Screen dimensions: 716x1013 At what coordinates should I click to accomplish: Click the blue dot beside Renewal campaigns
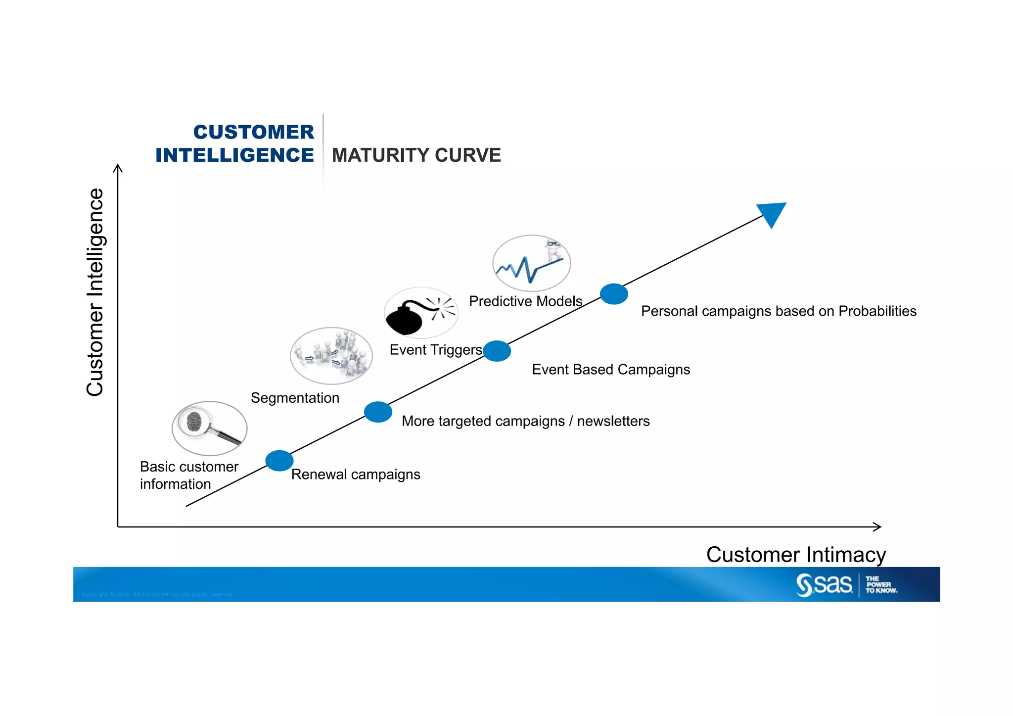tap(279, 461)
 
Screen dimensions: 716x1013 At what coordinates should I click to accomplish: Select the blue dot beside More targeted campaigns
tap(378, 412)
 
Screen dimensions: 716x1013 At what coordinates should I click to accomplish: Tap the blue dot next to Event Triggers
tap(497, 351)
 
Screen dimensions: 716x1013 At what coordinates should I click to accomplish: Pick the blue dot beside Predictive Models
tap(614, 294)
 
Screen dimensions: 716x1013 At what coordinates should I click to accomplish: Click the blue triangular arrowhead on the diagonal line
tap(773, 213)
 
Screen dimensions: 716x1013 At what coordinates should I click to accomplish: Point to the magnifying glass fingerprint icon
tap(209, 428)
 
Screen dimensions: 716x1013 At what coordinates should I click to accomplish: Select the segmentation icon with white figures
tap(331, 356)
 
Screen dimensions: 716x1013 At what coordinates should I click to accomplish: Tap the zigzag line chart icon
tap(531, 263)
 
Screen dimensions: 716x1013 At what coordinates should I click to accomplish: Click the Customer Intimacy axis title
tap(796, 555)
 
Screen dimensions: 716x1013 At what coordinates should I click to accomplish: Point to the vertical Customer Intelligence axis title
tap(95, 292)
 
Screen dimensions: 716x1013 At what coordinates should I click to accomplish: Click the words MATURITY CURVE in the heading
tap(416, 155)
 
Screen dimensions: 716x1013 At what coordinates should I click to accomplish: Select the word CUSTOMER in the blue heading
tap(254, 132)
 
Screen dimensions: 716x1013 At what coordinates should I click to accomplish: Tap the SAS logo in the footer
tap(825, 584)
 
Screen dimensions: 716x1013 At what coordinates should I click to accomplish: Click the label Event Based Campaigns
tap(611, 370)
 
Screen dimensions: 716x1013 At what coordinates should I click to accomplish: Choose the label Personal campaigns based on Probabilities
tap(779, 311)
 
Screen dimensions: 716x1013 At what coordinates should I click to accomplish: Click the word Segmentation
tap(295, 398)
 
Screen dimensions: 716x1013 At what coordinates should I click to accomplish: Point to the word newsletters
tap(613, 421)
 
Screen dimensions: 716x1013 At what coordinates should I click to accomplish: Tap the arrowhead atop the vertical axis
tap(118, 168)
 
